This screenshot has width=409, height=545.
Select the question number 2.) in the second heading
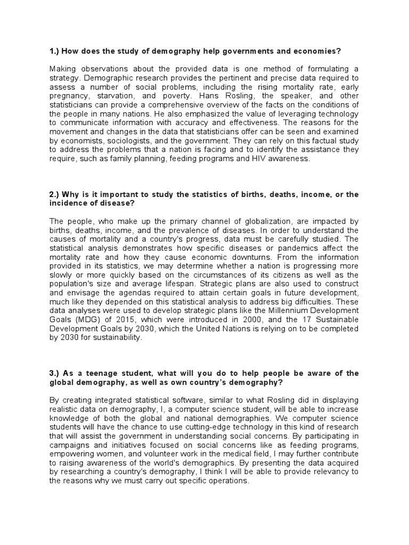pyautogui.click(x=55, y=194)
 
